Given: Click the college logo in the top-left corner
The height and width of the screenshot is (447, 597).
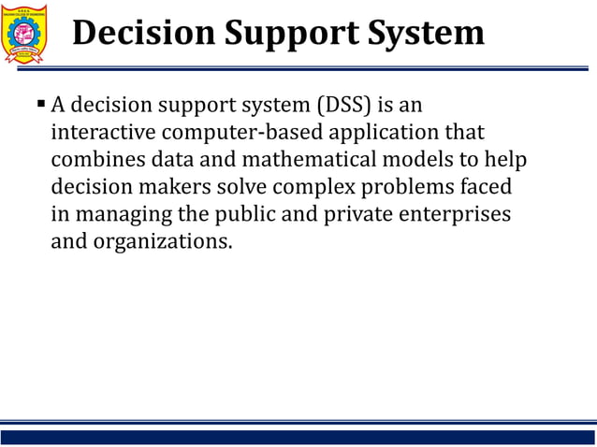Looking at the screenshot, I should pyautogui.click(x=31, y=34).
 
